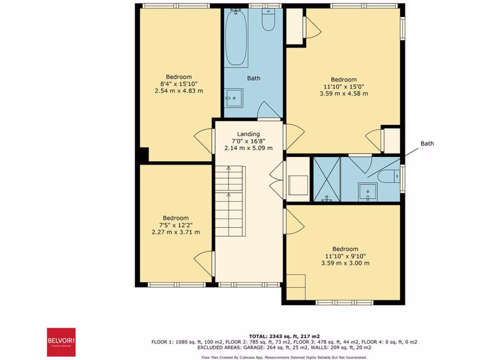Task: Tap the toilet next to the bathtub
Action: (x=268, y=21)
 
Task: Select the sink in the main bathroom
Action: (x=232, y=97)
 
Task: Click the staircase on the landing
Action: (x=230, y=202)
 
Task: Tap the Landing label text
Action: (x=248, y=134)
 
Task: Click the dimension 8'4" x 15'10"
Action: (x=179, y=84)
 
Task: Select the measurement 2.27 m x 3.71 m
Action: (x=176, y=232)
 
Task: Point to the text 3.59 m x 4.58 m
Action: (x=344, y=93)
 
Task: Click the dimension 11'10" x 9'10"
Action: (x=345, y=256)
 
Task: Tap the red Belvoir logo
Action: (x=60, y=341)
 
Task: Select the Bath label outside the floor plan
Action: (x=427, y=143)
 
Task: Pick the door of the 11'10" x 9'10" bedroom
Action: (x=292, y=222)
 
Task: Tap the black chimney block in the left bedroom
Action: (x=143, y=155)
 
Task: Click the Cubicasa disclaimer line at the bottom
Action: (x=284, y=357)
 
